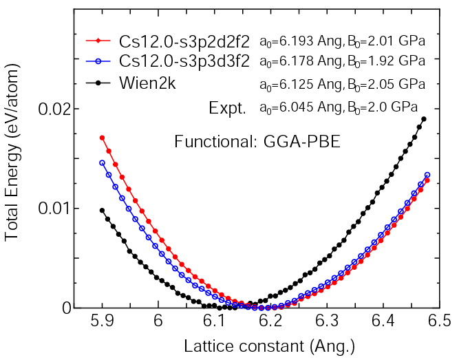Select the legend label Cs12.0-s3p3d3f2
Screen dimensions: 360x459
pyautogui.click(x=183, y=61)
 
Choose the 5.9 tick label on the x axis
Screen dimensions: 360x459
pyautogui.click(x=103, y=321)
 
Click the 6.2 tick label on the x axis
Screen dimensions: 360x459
pyautogui.click(x=272, y=321)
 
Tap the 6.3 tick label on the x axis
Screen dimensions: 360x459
pyautogui.click(x=328, y=321)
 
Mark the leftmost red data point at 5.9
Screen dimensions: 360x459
pyautogui.click(x=103, y=138)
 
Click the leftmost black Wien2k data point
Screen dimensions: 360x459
pyautogui.click(x=103, y=211)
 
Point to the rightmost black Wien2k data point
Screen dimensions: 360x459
pyautogui.click(x=424, y=119)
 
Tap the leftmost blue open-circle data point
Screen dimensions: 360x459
pyautogui.click(x=103, y=163)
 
